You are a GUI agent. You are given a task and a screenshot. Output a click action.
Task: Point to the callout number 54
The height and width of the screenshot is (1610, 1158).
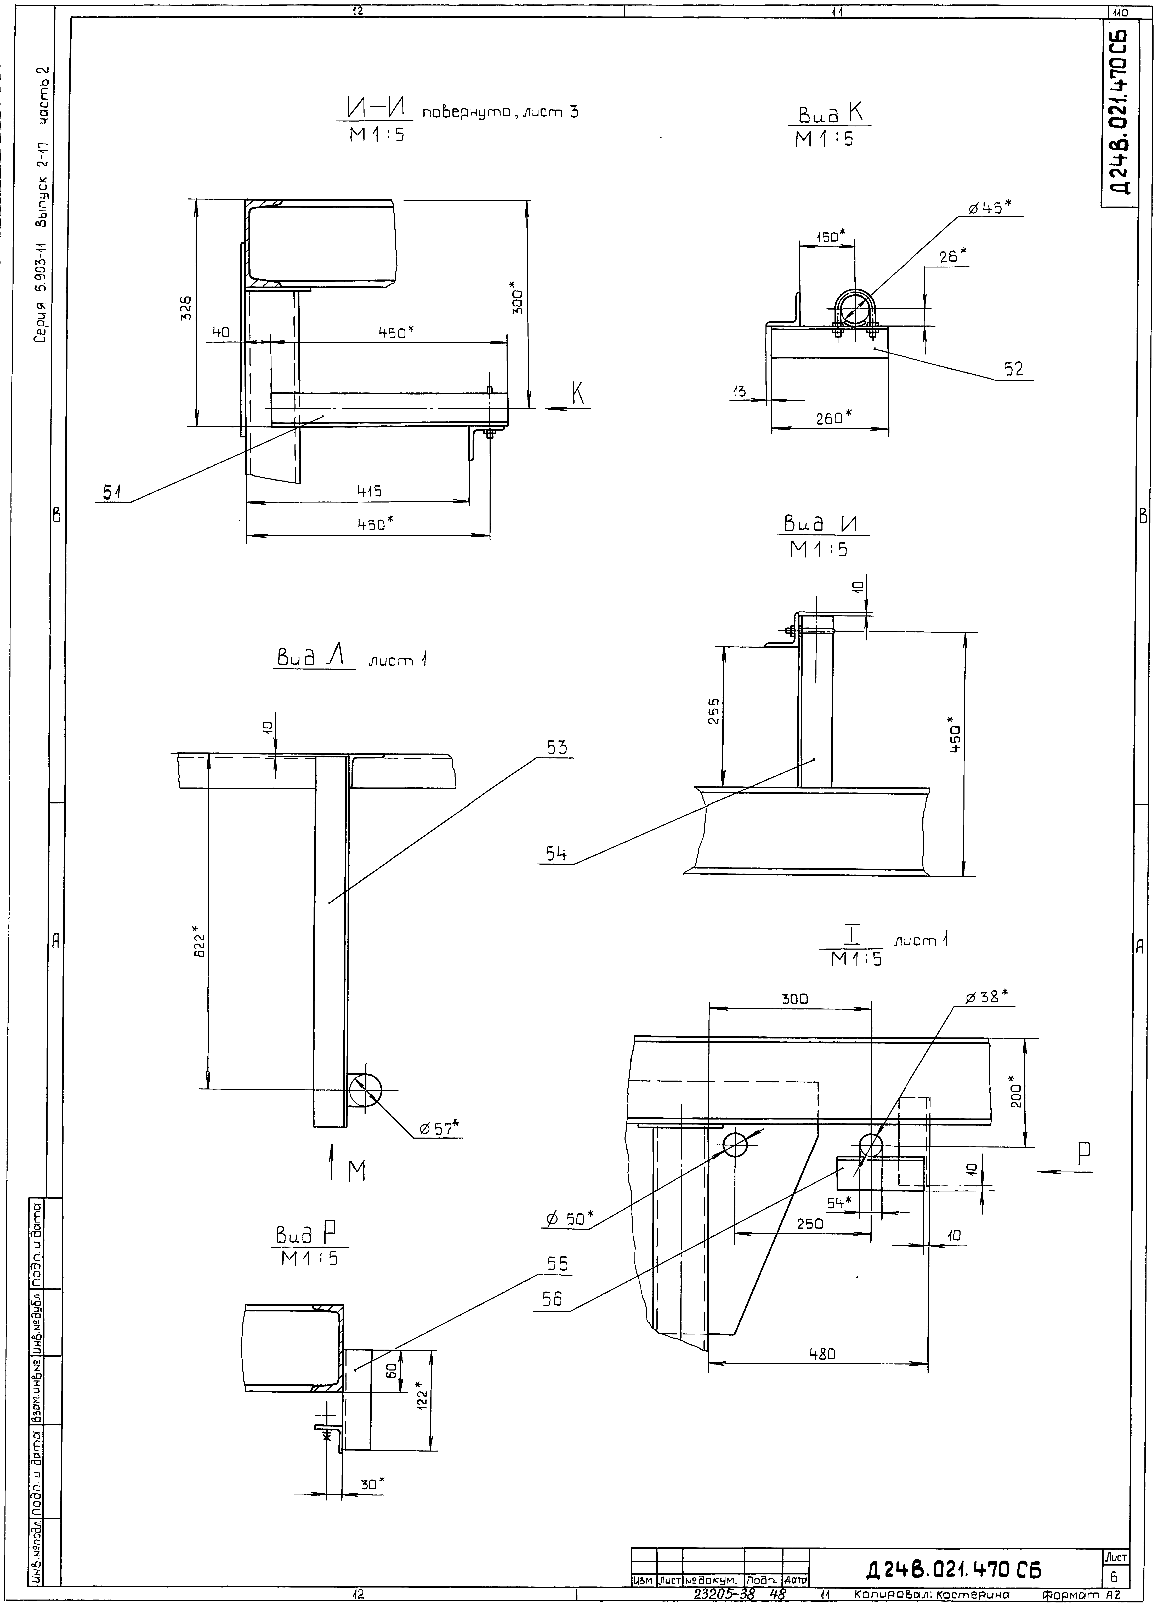pos(556,855)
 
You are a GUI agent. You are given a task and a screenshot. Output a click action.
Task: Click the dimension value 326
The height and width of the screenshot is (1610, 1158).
pos(185,309)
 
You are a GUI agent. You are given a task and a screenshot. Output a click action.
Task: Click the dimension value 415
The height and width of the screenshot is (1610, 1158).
pos(369,490)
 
